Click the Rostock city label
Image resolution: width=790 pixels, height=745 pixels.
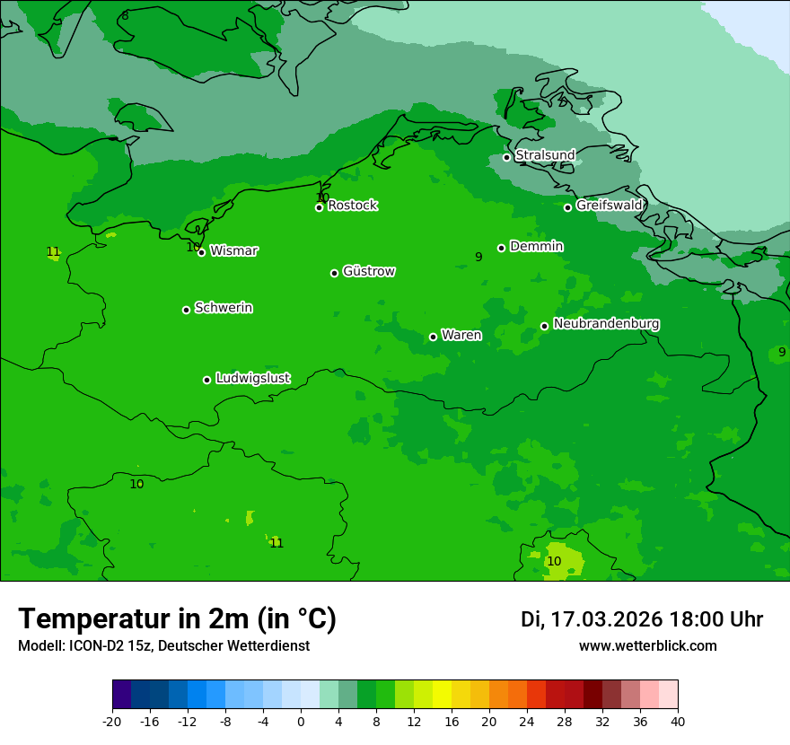352,206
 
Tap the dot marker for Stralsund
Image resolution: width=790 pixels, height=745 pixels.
506,157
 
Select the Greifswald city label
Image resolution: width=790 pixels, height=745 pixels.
609,206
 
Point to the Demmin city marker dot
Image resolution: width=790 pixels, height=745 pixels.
501,248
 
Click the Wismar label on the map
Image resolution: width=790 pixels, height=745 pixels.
233,251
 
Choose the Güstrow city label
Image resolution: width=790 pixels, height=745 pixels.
368,271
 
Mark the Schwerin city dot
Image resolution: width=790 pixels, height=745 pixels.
186,310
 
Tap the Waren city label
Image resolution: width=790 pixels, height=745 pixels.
461,336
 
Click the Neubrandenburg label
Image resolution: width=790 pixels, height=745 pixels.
606,324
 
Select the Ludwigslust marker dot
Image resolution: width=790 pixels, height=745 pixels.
206,380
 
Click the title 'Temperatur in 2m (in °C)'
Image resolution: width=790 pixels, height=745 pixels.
177,619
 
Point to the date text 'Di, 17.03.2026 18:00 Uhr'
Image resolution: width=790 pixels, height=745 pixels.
642,619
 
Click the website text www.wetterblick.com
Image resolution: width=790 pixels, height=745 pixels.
647,646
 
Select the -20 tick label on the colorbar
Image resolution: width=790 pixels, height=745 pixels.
112,721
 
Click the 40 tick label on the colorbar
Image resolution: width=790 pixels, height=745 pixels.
678,721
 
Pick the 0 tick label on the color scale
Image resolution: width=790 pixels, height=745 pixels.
301,721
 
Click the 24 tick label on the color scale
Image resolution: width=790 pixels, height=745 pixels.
527,721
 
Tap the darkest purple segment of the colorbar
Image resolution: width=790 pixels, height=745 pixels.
122,695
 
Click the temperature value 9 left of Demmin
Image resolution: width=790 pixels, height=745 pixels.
478,258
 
